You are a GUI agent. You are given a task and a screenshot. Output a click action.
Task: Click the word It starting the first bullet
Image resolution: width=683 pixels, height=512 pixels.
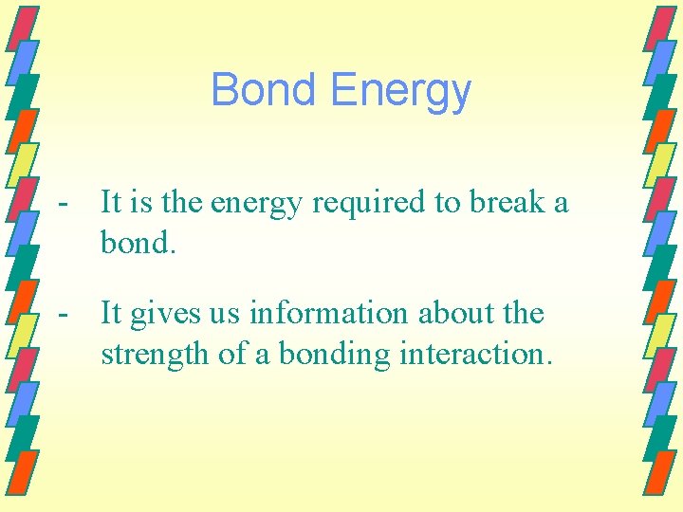pos(110,202)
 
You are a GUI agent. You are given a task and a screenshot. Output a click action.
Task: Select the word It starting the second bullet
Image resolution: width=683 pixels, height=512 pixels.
pos(110,314)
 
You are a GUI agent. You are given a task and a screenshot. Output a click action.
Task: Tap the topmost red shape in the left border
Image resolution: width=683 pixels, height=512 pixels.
pos(26,23)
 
